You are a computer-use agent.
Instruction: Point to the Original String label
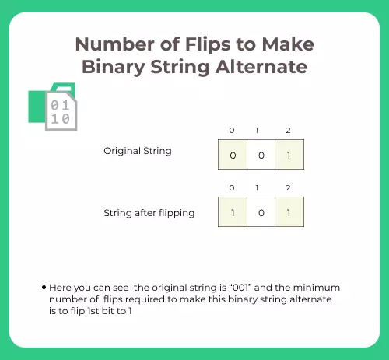coord(137,150)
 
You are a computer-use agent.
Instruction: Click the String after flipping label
coord(148,211)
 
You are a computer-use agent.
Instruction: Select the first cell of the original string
coord(233,155)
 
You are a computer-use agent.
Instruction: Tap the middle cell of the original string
coord(261,155)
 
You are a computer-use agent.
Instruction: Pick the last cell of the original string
coord(289,155)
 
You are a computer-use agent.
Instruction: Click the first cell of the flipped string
coord(233,212)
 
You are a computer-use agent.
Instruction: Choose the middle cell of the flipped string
coord(261,212)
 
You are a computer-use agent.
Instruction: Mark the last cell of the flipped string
coord(289,212)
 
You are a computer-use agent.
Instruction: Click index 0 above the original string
coord(232,130)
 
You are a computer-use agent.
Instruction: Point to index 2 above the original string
coord(289,130)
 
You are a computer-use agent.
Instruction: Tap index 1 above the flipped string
coord(261,187)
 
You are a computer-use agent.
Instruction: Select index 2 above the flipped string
coord(289,187)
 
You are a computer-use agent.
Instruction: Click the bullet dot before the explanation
coord(44,288)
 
